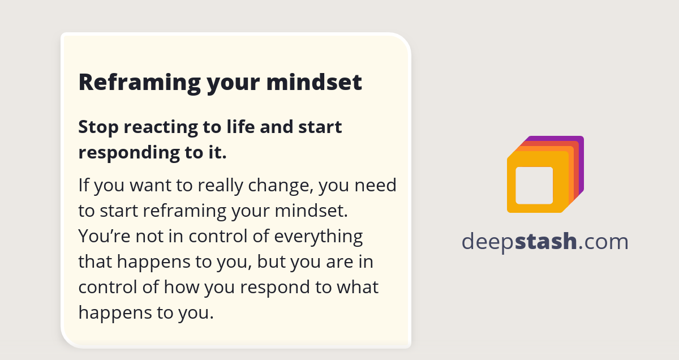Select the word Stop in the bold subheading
pyautogui.click(x=98, y=127)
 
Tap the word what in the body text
pyautogui.click(x=357, y=287)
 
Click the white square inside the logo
pyautogui.click(x=534, y=186)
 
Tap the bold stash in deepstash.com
pyautogui.click(x=547, y=242)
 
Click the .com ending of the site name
pyautogui.click(x=604, y=242)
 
